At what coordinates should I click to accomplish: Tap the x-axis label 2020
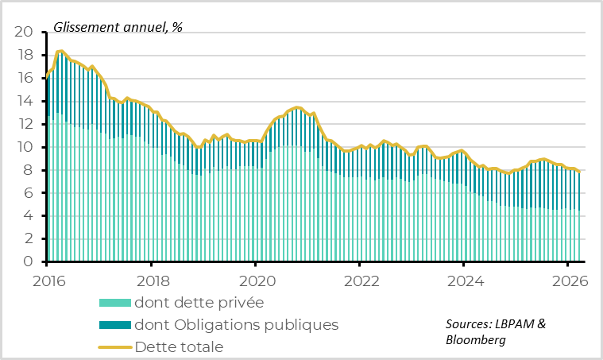click(255, 281)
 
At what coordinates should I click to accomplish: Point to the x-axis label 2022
click(359, 281)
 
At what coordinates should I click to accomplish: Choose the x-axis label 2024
click(463, 281)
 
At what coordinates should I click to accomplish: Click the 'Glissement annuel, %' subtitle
click(118, 27)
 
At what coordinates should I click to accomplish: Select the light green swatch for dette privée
click(114, 303)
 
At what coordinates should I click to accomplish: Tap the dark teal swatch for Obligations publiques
click(114, 325)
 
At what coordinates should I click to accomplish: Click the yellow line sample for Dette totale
click(114, 346)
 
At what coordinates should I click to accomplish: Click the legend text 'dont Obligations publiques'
click(237, 325)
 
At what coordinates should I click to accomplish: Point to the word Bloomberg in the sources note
click(474, 340)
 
